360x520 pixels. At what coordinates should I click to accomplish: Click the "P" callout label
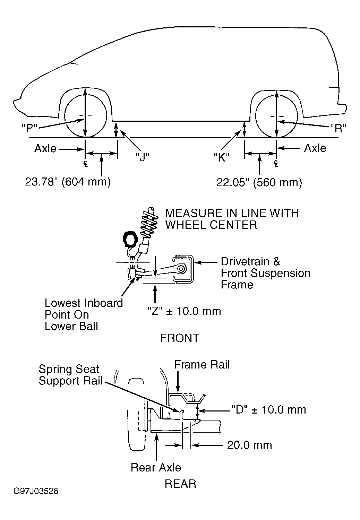(29, 128)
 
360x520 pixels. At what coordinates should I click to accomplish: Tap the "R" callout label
(338, 128)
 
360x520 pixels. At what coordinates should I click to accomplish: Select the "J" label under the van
(142, 157)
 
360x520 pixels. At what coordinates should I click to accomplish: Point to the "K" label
(221, 158)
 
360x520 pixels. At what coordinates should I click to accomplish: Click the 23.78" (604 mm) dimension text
(68, 182)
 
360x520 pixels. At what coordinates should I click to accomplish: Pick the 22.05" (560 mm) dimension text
(259, 182)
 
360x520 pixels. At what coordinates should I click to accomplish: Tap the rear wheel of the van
(276, 116)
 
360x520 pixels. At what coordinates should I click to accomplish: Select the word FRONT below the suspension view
(180, 338)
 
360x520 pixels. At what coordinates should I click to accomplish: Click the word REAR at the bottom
(180, 484)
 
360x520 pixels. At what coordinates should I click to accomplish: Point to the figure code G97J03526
(36, 491)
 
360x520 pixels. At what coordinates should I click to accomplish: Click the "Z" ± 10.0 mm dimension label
(184, 311)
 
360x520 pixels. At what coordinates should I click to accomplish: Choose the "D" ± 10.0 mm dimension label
(268, 410)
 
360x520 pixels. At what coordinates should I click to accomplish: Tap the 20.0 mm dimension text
(249, 445)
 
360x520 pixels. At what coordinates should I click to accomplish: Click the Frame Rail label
(202, 365)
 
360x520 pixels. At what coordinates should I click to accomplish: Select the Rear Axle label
(156, 468)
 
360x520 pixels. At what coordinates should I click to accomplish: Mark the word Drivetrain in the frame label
(245, 261)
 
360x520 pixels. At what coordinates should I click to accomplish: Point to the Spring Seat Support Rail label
(70, 375)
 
